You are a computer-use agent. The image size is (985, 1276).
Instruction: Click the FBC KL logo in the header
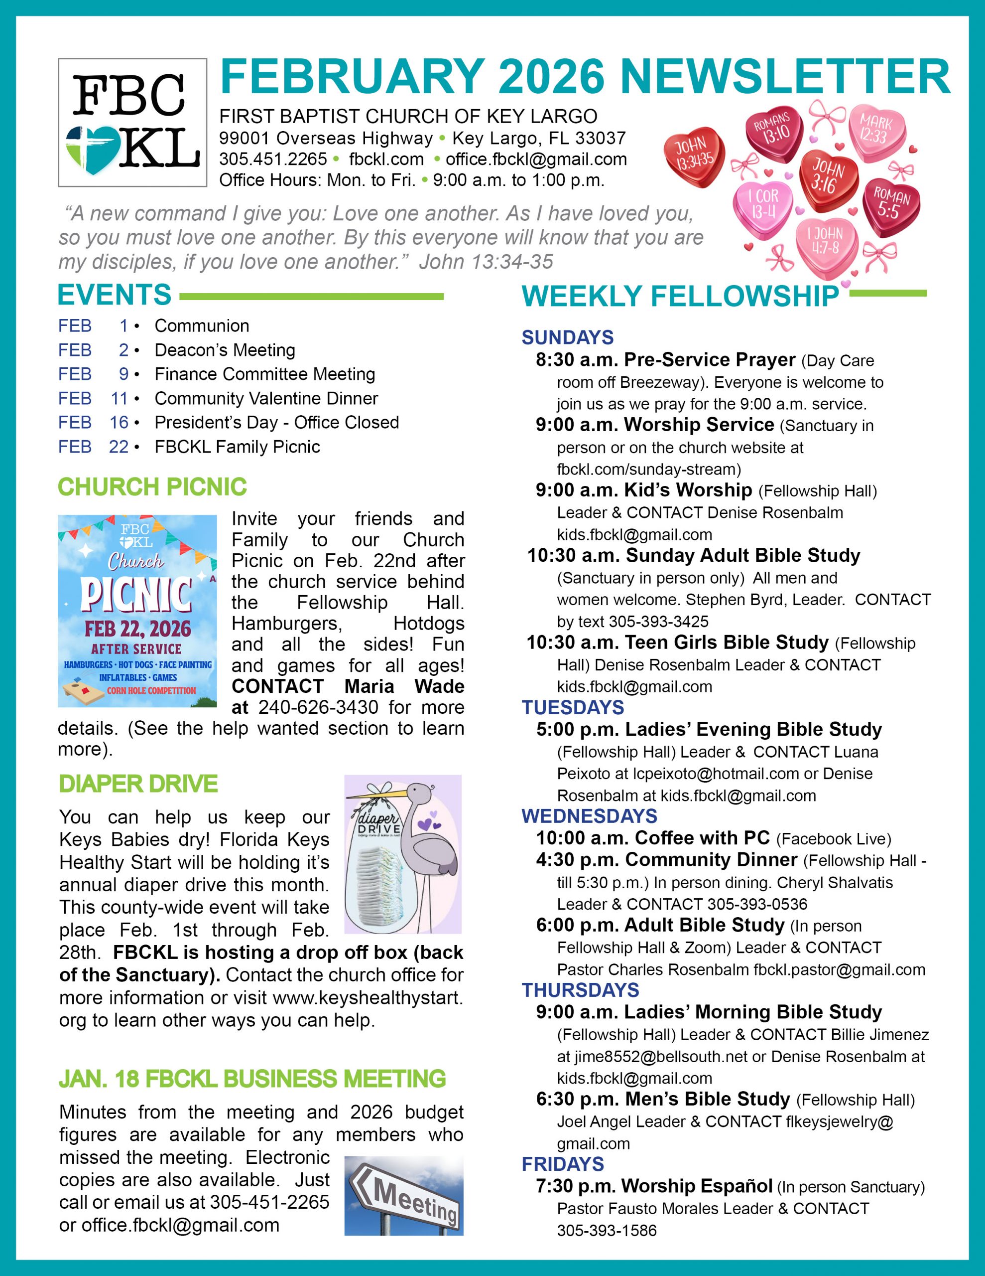coord(132,123)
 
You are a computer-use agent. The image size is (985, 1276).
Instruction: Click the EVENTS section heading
coord(115,295)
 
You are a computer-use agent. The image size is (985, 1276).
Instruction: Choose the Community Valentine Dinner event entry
coord(266,398)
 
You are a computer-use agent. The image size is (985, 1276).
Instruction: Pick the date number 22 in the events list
coord(119,447)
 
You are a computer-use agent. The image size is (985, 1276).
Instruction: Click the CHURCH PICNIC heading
coord(152,486)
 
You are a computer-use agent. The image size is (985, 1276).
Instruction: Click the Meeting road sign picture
coord(403,1195)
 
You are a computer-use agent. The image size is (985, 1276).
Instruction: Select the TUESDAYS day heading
coord(573,707)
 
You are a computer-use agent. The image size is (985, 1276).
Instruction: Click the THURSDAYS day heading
coord(580,990)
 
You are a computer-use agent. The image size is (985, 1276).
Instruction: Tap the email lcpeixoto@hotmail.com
coord(716,774)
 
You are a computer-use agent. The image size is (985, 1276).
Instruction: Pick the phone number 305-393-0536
coord(757,905)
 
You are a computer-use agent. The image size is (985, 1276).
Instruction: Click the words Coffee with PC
coord(703,838)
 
